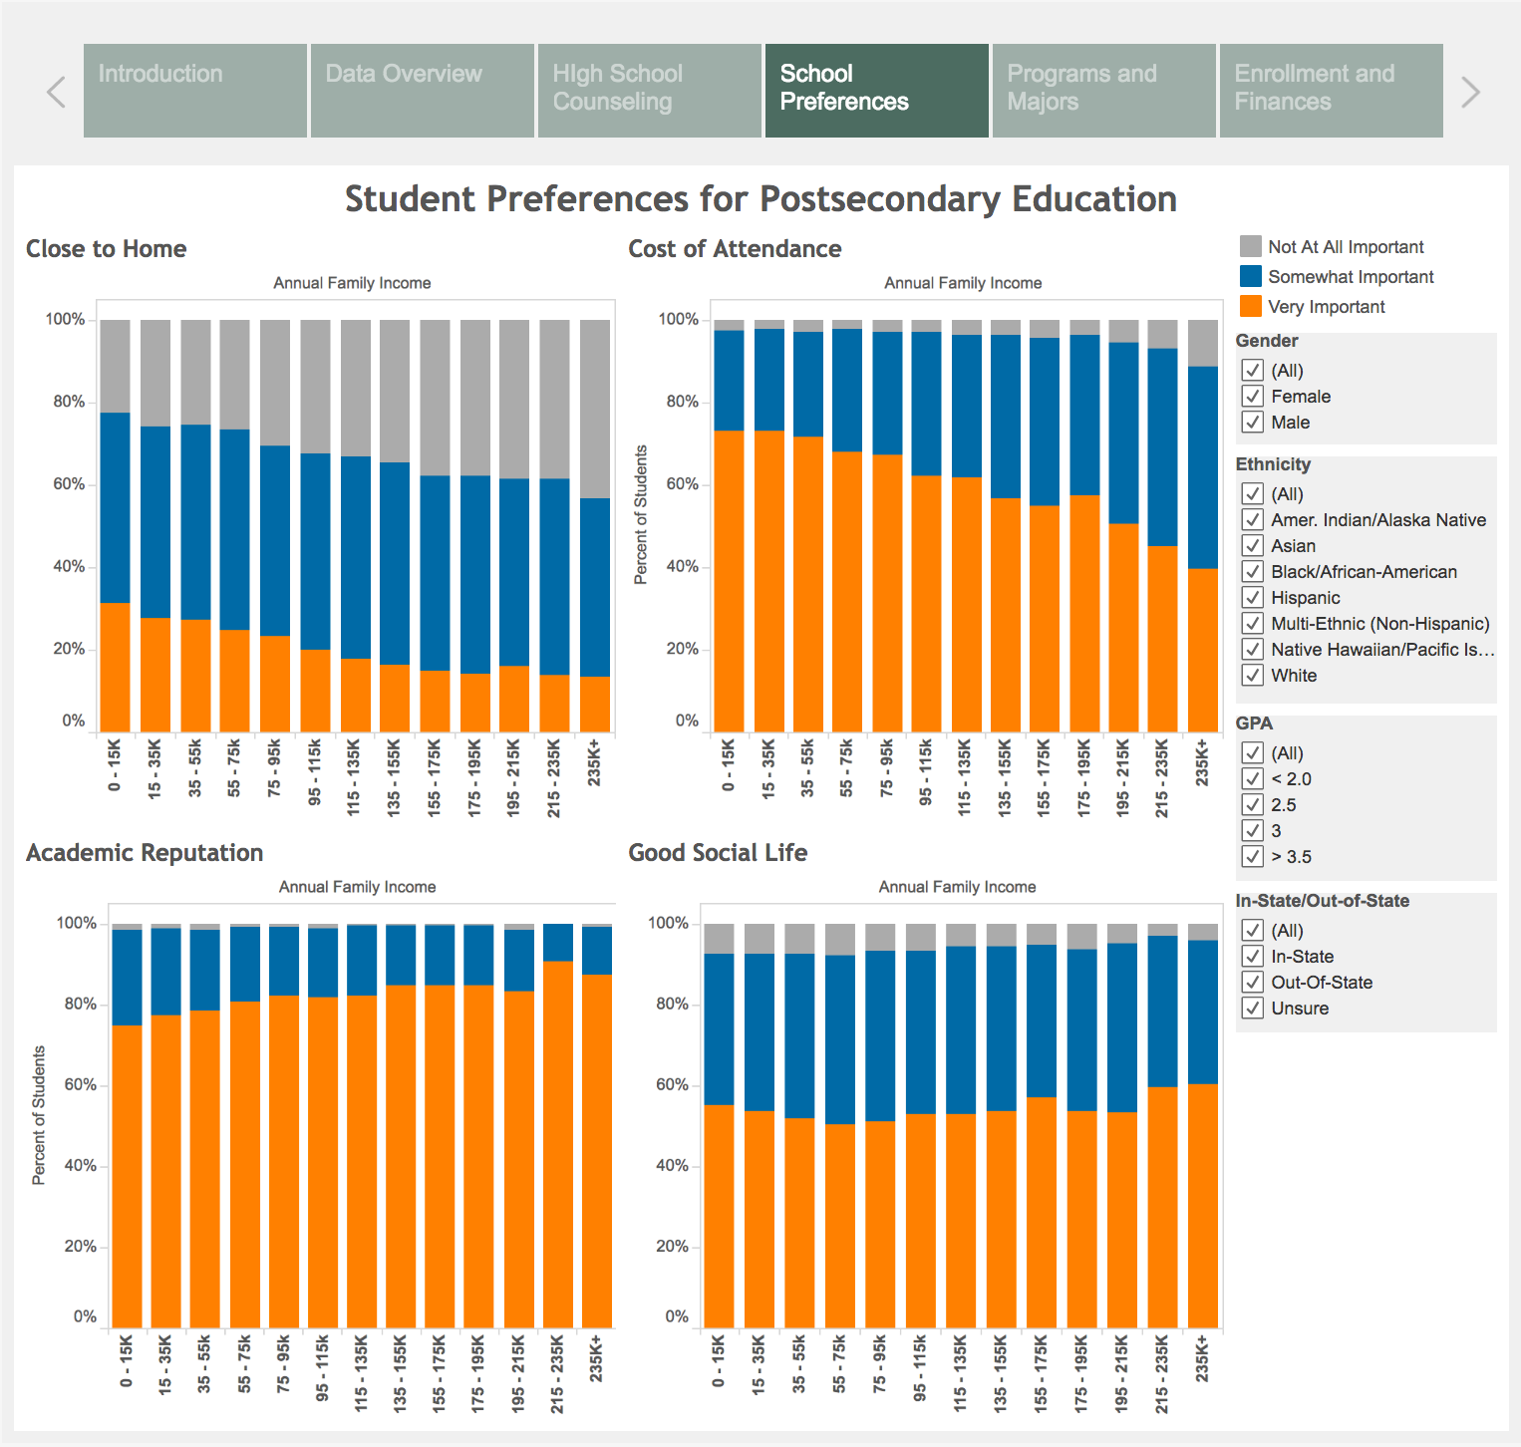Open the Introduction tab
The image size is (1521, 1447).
pos(195,91)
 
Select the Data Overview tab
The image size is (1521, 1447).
pos(423,91)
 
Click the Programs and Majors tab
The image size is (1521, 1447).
pos(1104,91)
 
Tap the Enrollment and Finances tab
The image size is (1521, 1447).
pos(1332,91)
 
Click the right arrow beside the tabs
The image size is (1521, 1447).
pos(1470,93)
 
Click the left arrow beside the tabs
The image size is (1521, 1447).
pos(57,93)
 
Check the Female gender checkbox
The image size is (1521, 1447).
pos(1253,397)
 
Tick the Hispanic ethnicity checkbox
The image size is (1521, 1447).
pos(1253,598)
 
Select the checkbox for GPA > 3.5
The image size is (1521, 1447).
pos(1253,857)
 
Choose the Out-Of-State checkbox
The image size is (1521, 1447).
pos(1253,983)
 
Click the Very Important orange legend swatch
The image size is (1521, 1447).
pos(1251,306)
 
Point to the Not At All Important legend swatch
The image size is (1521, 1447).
pos(1251,246)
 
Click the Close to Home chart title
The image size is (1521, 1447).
pos(107,249)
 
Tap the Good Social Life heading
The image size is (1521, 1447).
pos(718,853)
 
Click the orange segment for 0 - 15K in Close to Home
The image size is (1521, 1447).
pos(116,668)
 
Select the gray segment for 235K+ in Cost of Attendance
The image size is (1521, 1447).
pos(1203,343)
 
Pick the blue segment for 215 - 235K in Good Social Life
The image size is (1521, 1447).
pos(1162,1012)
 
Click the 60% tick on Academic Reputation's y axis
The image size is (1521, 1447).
pos(81,1085)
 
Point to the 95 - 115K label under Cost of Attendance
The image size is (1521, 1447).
pos(925,772)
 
